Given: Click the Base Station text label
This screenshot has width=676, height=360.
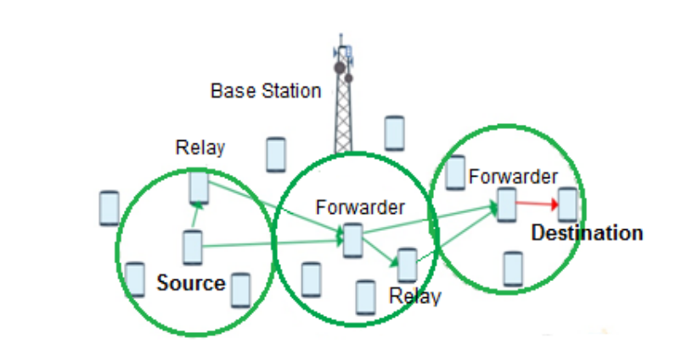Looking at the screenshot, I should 266,90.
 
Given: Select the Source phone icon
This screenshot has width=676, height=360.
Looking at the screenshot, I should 193,247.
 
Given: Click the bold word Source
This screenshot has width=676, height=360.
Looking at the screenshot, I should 191,284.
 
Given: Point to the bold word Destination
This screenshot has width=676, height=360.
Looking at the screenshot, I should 587,233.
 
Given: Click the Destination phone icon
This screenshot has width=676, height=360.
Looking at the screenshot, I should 567,205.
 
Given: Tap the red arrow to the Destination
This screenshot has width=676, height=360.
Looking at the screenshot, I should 537,204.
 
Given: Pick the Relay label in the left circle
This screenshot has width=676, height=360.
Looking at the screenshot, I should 200,148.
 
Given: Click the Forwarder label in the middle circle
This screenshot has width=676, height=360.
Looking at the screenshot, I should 360,206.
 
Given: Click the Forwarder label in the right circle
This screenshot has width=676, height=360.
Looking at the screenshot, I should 513,177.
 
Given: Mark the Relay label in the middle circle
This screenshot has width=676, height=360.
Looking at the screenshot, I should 415,296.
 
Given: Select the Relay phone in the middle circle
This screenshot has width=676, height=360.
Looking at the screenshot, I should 408,265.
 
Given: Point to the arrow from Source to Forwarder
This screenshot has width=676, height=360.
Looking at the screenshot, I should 272,245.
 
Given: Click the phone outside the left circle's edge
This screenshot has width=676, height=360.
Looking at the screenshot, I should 109,208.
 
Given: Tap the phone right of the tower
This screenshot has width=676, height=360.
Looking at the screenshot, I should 393,132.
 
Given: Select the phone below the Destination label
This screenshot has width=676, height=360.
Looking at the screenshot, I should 511,268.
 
